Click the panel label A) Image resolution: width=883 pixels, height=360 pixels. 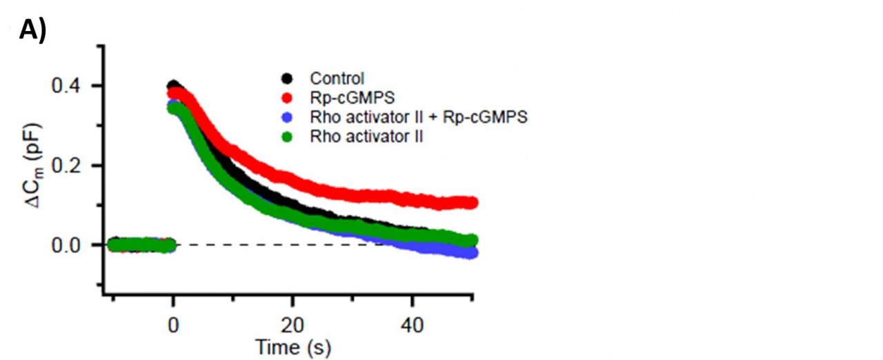32,30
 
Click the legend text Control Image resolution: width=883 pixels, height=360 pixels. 337,78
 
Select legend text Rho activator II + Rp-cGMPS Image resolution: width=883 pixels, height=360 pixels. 419,117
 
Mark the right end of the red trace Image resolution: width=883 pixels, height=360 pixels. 472,203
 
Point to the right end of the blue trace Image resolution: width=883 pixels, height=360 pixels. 472,253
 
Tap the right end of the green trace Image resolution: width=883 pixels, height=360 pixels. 472,240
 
